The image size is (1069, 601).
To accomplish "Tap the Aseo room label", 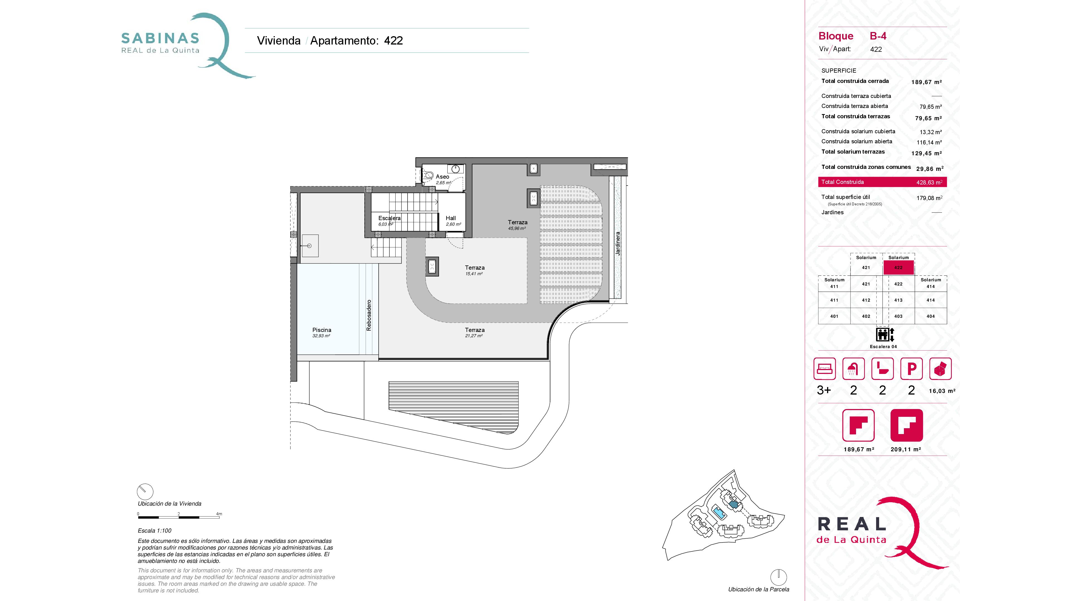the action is click(442, 177).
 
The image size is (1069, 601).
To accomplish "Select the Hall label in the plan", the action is click(451, 218).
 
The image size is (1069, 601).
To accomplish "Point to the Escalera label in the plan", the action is click(389, 218).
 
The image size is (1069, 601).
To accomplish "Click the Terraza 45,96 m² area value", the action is click(517, 228).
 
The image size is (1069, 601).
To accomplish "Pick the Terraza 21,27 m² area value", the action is click(474, 336).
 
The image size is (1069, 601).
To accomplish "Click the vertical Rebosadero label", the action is click(369, 315).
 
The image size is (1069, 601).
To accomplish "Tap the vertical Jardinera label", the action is click(617, 243).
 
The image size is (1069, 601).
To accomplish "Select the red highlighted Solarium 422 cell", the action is click(898, 267).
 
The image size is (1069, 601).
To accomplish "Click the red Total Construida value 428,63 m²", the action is click(929, 182).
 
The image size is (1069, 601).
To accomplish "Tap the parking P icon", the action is click(911, 369).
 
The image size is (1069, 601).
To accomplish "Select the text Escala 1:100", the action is click(155, 531).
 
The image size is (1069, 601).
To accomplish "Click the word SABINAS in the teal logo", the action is click(160, 39).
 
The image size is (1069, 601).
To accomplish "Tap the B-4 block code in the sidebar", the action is click(878, 36).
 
